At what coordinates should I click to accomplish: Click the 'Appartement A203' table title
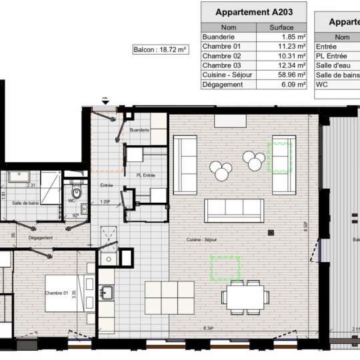(x=253, y=12)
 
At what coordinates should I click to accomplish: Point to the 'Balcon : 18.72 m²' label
(x=160, y=49)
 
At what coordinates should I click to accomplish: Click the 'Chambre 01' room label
(x=57, y=293)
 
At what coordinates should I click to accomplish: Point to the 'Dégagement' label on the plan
(x=40, y=237)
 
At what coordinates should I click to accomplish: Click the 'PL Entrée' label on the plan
(x=145, y=175)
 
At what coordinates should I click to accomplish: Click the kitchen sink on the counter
(x=106, y=291)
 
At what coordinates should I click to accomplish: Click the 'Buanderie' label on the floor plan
(x=139, y=130)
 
